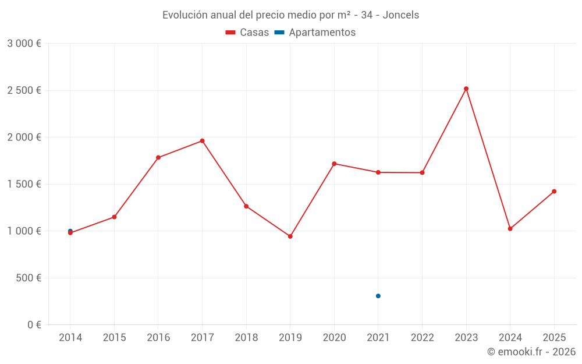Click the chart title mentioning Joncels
tap(290, 15)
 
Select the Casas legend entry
tap(247, 33)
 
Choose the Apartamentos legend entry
tap(315, 33)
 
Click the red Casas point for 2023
tap(466, 89)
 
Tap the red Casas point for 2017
tap(202, 141)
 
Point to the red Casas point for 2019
tap(290, 236)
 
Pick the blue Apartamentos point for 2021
tap(378, 296)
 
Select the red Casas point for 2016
tap(158, 157)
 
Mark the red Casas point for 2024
tap(510, 229)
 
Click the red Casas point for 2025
tap(554, 191)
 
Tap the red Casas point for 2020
tap(334, 164)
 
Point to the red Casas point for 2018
tap(246, 206)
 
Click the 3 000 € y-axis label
tap(24, 44)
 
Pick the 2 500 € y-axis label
tap(24, 90)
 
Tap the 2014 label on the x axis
tap(70, 337)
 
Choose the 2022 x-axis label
tap(422, 337)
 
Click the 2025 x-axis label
tap(554, 337)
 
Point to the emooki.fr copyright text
tap(531, 352)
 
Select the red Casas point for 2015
tap(114, 217)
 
